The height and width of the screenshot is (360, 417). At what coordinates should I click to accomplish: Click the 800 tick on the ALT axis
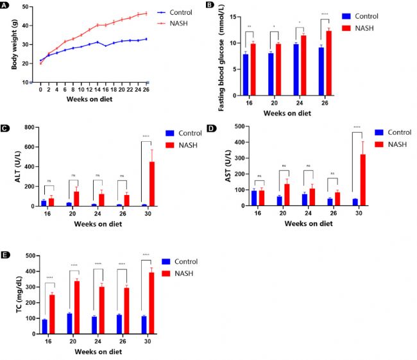[28, 128]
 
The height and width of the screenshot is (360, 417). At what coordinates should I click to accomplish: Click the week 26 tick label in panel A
[147, 90]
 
